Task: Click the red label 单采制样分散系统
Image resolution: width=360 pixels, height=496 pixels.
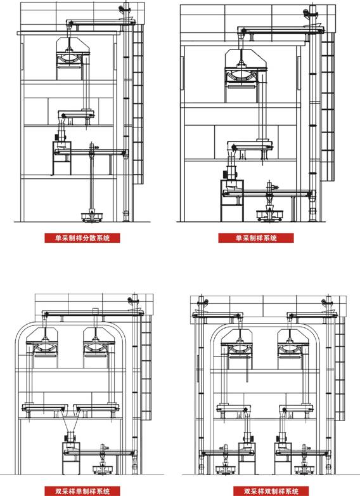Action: [82, 238]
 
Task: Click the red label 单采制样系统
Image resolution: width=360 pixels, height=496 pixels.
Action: [256, 238]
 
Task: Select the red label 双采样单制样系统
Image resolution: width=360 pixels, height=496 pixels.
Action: [82, 491]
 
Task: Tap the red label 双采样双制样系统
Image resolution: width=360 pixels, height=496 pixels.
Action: [271, 491]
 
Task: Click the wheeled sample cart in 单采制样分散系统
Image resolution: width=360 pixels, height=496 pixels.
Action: [92, 216]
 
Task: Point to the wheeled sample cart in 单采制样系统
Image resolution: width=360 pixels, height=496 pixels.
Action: [269, 215]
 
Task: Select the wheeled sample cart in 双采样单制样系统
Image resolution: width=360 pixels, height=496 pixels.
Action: [103, 469]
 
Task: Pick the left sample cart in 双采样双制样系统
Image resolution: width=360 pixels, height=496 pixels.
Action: [225, 469]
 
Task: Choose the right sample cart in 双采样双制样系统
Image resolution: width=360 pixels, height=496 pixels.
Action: [304, 469]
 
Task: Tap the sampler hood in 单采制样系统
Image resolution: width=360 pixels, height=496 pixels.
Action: [245, 75]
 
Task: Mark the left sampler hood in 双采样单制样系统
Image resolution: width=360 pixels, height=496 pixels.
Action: [42, 348]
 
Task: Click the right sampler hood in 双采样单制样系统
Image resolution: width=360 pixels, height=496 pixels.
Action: [99, 348]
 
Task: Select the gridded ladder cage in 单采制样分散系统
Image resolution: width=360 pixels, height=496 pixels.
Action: [138, 105]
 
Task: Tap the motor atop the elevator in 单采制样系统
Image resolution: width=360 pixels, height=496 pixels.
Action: [307, 13]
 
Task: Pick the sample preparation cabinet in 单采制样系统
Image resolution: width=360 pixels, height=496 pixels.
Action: [232, 200]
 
